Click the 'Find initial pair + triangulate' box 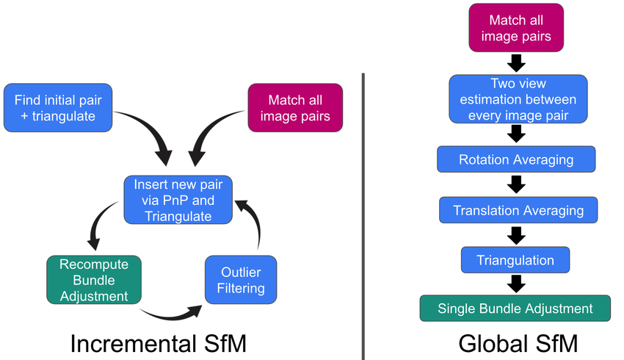tap(58, 108)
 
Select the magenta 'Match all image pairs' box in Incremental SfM tap(295, 108)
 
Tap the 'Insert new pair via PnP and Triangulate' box tap(178, 199)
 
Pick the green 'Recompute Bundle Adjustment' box tap(92, 279)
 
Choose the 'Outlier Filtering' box tap(240, 279)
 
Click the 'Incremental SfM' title tap(158, 342)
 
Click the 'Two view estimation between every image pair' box tap(518, 98)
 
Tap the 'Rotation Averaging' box tap(515, 159)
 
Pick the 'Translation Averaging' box tap(518, 210)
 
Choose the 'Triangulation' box tap(515, 260)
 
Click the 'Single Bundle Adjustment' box tap(515, 309)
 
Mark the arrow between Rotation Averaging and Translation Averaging tap(516, 184)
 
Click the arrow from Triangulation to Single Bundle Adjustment tap(516, 284)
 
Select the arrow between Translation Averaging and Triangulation tap(516, 235)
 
